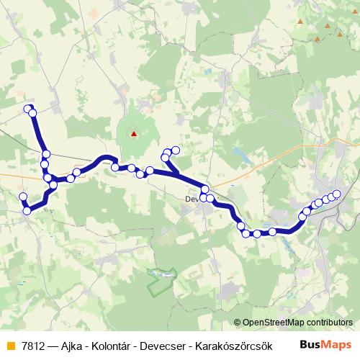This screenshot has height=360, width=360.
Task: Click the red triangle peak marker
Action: click(x=133, y=132)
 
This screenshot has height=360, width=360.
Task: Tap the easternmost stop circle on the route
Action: click(x=336, y=194)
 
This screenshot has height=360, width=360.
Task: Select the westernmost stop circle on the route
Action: click(x=23, y=197)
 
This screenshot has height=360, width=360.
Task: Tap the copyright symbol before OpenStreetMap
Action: click(x=238, y=323)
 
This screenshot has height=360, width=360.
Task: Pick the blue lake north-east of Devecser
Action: click(x=238, y=153)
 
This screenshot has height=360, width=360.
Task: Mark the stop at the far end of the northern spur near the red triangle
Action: click(x=175, y=150)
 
